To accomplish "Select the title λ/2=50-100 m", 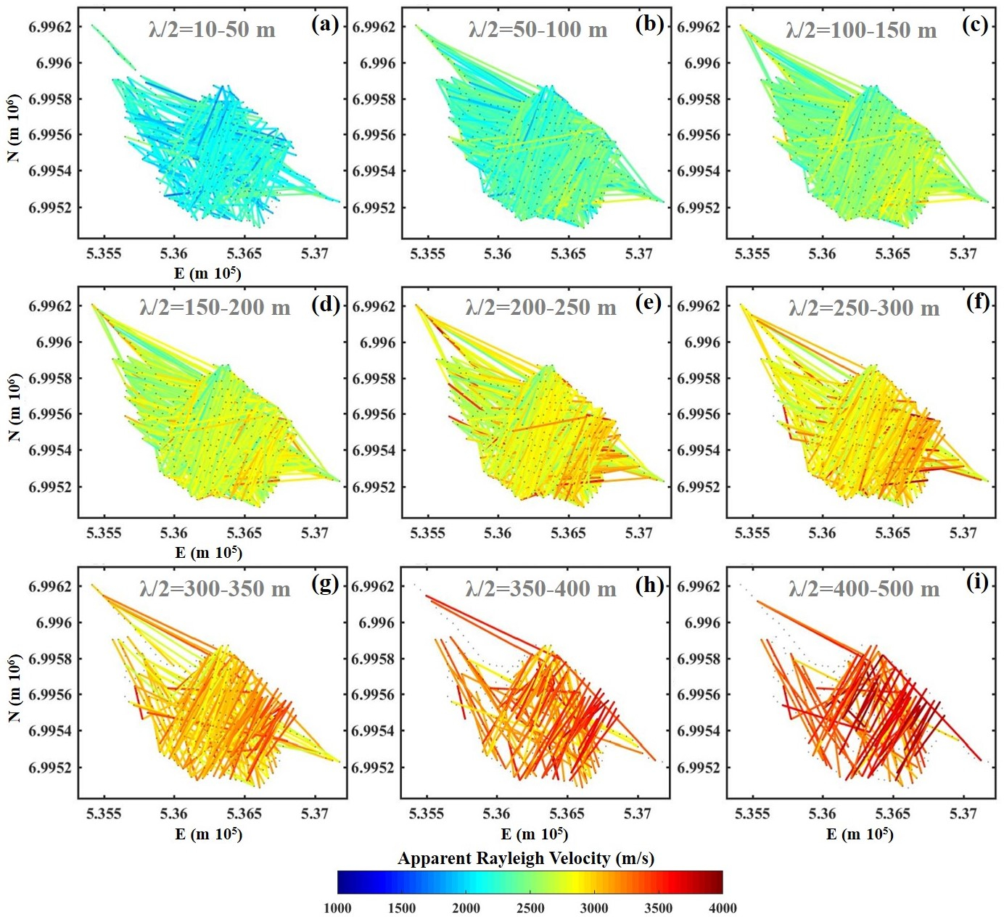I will click(x=538, y=30).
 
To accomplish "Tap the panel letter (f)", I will click(x=978, y=303).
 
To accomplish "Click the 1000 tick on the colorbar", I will click(x=337, y=908).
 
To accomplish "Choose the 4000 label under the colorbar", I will click(x=723, y=908).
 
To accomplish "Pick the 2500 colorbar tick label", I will click(x=530, y=908).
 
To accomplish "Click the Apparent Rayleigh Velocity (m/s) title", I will click(x=526, y=858).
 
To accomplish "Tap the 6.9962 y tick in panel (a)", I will click(x=50, y=27).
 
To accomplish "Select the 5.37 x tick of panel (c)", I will click(x=963, y=253).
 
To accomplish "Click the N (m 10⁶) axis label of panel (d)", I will click(x=15, y=407).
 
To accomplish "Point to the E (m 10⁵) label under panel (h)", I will click(x=534, y=834).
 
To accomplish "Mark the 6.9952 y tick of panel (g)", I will click(x=50, y=768).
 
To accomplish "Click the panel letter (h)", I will click(x=649, y=583).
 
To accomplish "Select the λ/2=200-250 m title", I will click(x=540, y=308).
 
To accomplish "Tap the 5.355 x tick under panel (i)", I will click(x=752, y=813).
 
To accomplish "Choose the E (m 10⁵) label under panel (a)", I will click(x=208, y=274).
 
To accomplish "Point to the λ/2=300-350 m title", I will click(x=215, y=588).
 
